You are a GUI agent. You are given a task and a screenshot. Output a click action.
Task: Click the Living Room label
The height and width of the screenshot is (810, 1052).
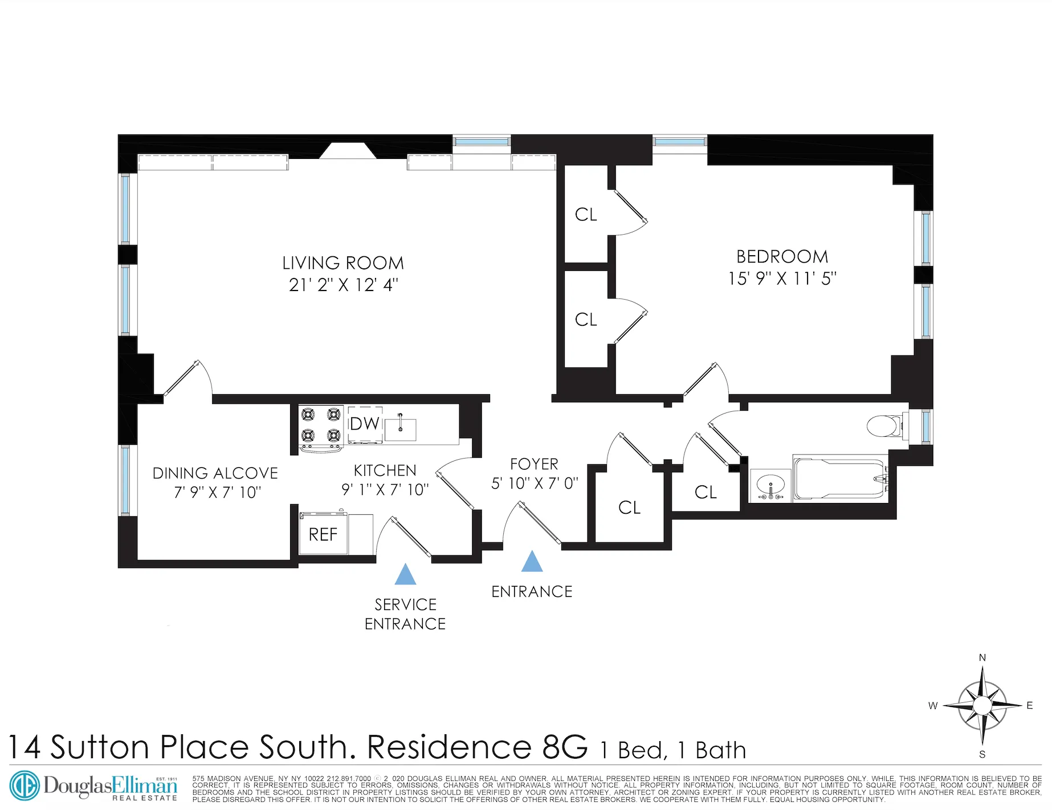(x=342, y=263)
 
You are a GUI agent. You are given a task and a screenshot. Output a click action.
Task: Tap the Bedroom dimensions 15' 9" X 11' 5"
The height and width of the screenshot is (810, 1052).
(x=782, y=279)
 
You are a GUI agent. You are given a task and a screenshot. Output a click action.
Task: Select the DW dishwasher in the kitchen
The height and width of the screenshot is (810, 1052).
(x=365, y=424)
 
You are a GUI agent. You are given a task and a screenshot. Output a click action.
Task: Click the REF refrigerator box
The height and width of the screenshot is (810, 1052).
(x=323, y=534)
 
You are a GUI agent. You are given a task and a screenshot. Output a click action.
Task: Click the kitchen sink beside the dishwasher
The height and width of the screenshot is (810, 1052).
(x=400, y=429)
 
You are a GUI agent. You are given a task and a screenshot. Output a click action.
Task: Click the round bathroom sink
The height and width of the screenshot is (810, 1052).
(x=770, y=486)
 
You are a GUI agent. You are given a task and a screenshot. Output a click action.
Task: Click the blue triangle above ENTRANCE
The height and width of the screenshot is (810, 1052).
(x=532, y=562)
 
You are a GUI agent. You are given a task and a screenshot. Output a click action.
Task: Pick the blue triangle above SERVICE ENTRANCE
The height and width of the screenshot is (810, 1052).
(x=405, y=575)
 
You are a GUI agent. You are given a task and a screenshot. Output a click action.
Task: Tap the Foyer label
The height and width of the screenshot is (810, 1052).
(x=534, y=464)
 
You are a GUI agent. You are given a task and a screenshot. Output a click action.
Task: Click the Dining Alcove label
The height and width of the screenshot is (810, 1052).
(x=215, y=473)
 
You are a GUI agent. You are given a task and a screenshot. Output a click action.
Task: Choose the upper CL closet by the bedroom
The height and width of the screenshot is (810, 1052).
(x=586, y=215)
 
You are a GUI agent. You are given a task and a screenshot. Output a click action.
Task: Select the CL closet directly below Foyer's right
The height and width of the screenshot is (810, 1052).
(x=629, y=508)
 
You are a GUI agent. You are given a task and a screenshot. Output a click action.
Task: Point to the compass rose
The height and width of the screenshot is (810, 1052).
(x=982, y=706)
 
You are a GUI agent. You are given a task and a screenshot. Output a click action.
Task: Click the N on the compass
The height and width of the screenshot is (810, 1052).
(x=982, y=658)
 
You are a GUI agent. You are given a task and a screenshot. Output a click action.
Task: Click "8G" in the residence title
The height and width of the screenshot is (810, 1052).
(x=565, y=747)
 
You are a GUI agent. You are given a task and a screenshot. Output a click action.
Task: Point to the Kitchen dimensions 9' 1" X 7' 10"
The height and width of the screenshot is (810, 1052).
(x=385, y=490)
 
